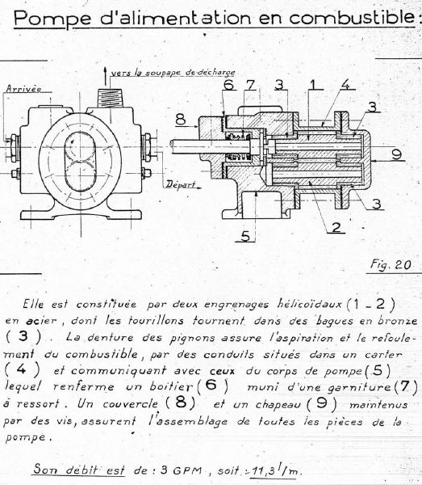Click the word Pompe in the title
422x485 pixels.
coord(52,19)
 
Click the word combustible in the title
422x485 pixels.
coord(352,18)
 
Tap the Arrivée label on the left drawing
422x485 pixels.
coord(23,88)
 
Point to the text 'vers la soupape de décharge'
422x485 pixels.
coord(173,73)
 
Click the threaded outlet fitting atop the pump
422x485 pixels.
coord(110,98)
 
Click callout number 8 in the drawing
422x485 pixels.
coord(181,120)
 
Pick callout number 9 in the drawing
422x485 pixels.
coord(396,154)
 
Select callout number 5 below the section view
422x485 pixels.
coord(245,236)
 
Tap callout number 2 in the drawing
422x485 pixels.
coord(336,227)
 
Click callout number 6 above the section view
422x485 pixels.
coord(228,84)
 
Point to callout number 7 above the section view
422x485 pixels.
coord(250,84)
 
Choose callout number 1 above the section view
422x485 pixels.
coord(312,84)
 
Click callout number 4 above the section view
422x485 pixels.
coord(346,84)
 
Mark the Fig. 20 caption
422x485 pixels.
coord(391,265)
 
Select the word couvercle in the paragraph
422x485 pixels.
coord(130,403)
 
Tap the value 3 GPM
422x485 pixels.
coord(181,470)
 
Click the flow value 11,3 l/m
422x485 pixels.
coord(275,470)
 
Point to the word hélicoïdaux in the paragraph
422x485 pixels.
coord(309,304)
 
